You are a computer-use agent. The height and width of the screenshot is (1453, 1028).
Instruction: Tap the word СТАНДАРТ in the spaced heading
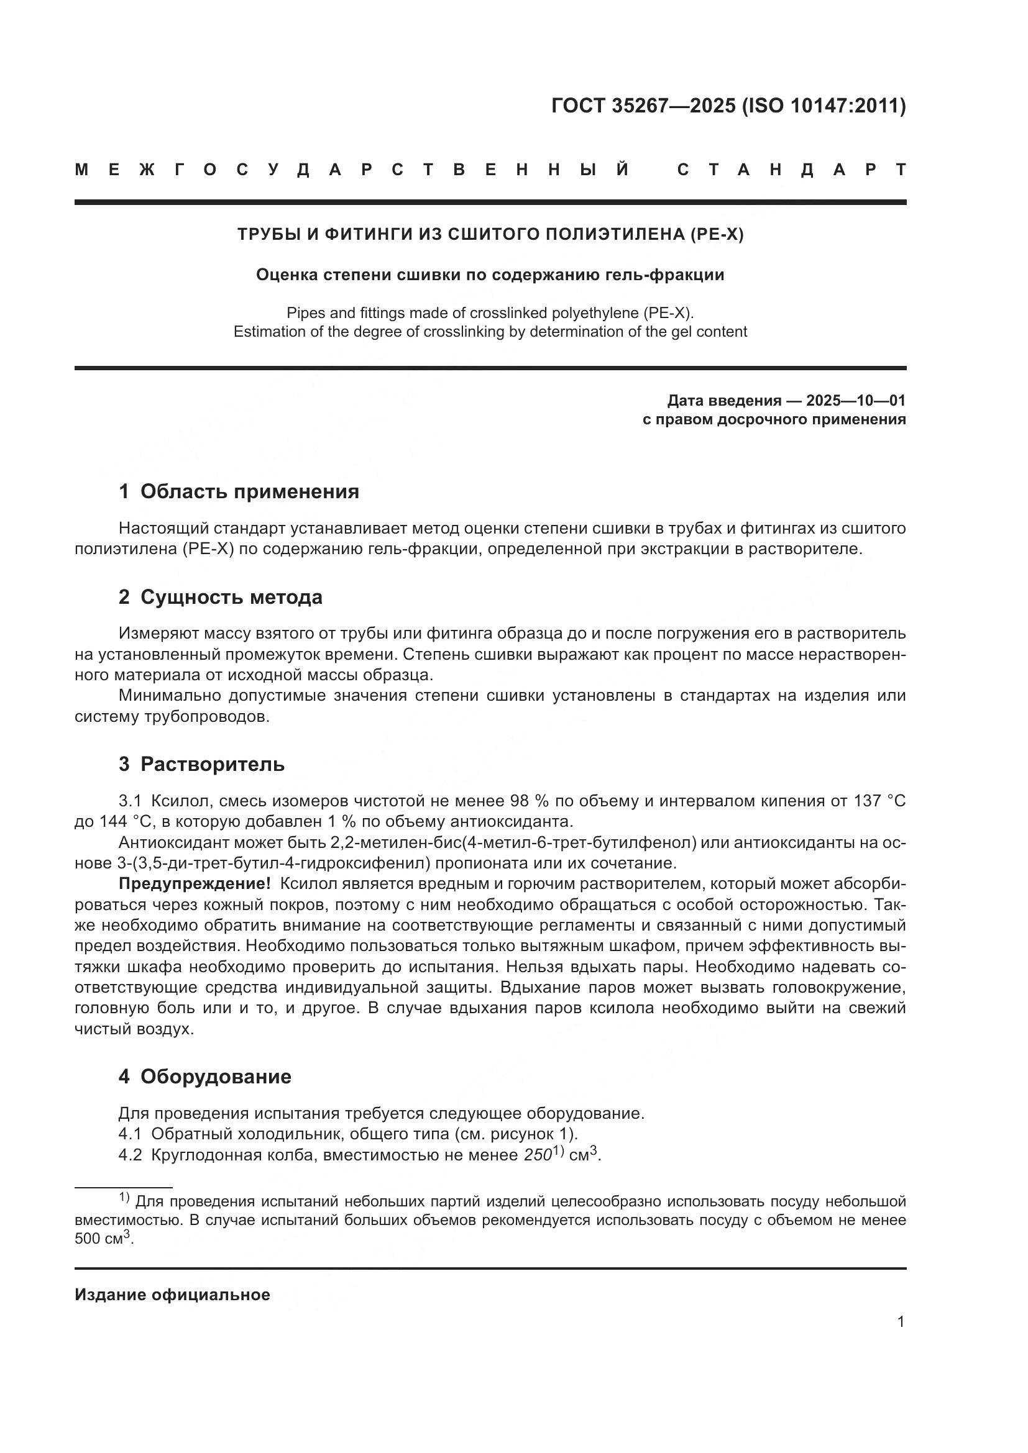[791, 170]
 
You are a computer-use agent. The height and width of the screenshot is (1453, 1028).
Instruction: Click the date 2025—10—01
[856, 401]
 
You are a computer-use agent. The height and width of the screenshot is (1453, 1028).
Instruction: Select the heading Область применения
[249, 492]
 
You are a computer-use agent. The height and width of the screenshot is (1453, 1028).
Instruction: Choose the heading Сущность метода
[231, 597]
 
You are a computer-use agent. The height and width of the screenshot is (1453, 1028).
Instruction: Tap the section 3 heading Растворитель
[212, 765]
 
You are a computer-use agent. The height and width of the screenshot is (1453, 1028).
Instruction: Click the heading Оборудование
[216, 1077]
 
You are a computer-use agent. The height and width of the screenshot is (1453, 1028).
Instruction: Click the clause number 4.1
[131, 1134]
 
